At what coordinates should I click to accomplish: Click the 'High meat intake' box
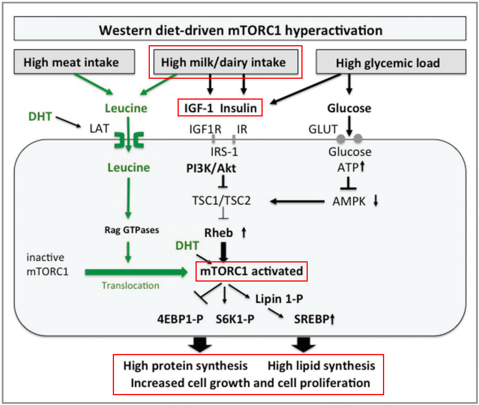click(x=74, y=62)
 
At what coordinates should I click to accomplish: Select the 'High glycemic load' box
click(x=391, y=62)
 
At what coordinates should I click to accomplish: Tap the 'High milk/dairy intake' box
click(x=226, y=62)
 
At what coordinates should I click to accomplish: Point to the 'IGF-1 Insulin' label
click(x=220, y=108)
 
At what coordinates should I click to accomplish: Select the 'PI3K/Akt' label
click(x=211, y=168)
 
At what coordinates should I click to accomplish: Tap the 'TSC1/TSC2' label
click(x=221, y=200)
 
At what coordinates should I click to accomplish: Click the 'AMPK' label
click(x=349, y=201)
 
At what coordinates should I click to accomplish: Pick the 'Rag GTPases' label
click(x=132, y=230)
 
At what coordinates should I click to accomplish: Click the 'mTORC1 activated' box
click(x=251, y=271)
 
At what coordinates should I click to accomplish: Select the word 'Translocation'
click(x=130, y=286)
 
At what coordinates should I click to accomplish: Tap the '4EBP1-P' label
click(x=180, y=319)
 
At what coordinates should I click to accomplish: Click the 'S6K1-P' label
click(x=235, y=319)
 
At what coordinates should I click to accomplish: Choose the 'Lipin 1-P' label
click(x=279, y=299)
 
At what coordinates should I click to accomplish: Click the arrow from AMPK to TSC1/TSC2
click(x=297, y=201)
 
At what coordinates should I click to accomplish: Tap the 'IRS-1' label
click(x=224, y=152)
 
